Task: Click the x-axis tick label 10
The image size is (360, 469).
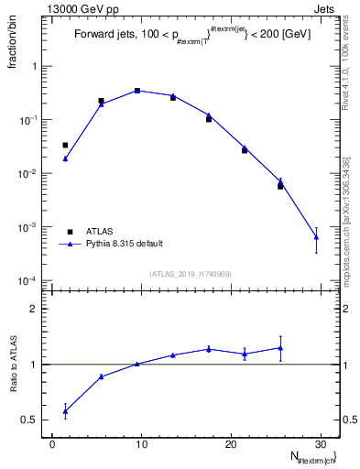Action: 141,444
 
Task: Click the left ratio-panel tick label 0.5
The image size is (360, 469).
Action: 30,420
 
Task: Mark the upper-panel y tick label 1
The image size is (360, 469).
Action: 36,67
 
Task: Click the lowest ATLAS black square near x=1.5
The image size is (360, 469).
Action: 65,145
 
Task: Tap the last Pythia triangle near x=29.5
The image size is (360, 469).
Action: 316,237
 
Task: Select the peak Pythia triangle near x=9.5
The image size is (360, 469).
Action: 136,91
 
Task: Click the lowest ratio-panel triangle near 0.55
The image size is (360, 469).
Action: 65,410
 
